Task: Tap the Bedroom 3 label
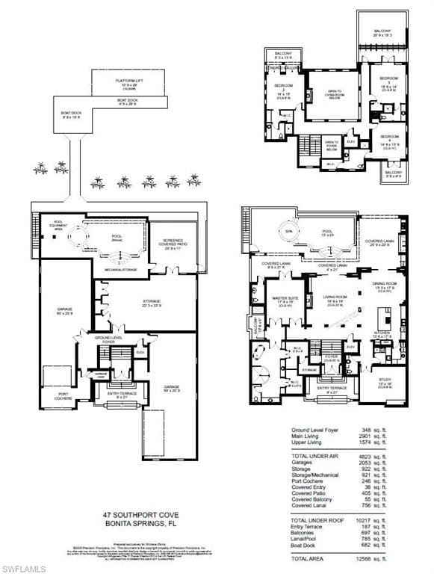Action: point(389,79)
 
